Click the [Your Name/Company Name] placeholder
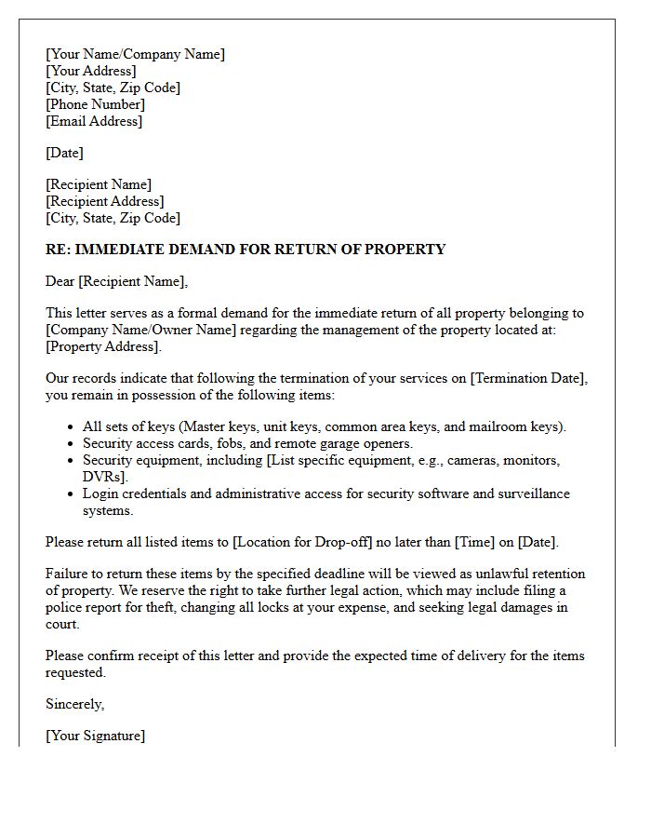(135, 54)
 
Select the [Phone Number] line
(95, 104)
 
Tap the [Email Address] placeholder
(94, 121)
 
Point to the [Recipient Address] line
(104, 201)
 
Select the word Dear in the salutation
(60, 281)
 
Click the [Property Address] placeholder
(102, 346)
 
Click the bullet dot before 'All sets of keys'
(72, 427)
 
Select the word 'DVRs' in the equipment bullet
(101, 477)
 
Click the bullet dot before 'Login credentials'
(72, 494)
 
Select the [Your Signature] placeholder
(95, 736)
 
